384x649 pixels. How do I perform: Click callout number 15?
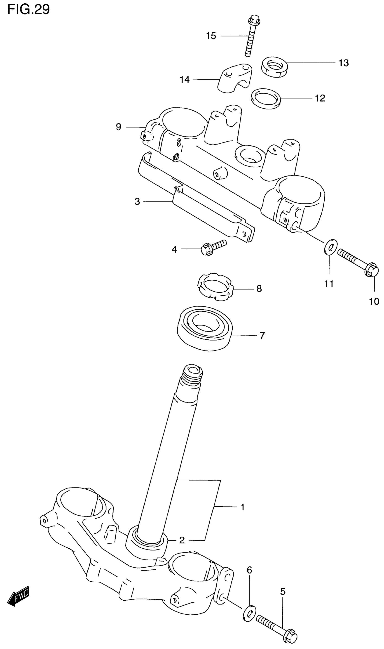(211, 36)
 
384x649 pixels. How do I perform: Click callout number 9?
(119, 127)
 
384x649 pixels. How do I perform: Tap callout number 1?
(242, 507)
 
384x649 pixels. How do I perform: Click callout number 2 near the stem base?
(182, 540)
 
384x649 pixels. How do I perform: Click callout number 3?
(137, 201)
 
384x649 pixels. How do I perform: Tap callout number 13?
(344, 63)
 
